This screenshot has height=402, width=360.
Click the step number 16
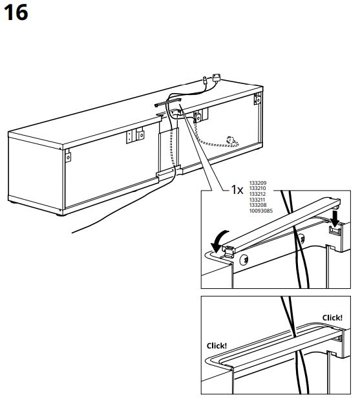coord(17,13)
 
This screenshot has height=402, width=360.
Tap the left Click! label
coord(217,345)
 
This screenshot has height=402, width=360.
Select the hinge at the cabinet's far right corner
coord(257,100)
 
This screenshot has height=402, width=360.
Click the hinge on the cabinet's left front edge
coord(67,156)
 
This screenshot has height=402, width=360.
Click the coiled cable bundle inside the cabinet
coord(229,140)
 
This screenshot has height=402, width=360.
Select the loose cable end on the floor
coord(74,231)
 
